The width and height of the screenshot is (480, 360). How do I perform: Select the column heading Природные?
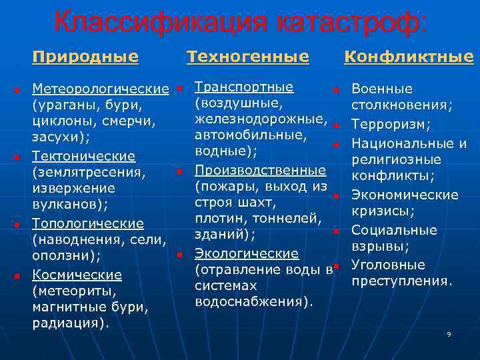(85, 57)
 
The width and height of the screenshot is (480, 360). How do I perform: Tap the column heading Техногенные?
(248, 57)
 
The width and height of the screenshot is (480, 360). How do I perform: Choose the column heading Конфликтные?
(408, 57)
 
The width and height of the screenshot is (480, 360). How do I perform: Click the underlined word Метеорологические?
(100, 89)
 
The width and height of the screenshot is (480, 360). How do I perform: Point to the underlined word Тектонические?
(84, 156)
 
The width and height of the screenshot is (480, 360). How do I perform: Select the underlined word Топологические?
(88, 223)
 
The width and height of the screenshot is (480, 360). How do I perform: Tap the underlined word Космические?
(77, 275)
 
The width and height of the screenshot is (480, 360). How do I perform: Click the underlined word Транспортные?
(244, 87)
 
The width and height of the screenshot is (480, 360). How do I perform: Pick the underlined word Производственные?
(260, 170)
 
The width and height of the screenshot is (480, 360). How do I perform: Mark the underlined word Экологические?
(247, 253)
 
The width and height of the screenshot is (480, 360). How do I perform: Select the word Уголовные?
(388, 265)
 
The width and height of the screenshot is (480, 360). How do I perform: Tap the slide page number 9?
(449, 333)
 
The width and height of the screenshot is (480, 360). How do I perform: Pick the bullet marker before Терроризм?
(337, 125)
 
